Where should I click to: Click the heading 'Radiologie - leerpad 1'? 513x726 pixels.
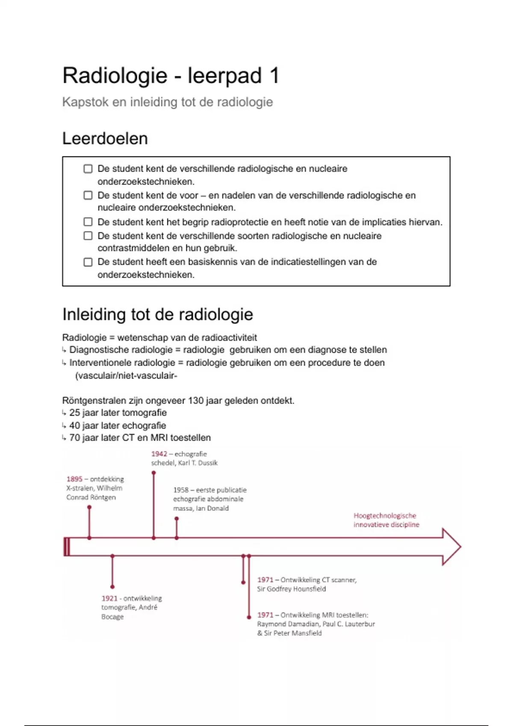coord(171,76)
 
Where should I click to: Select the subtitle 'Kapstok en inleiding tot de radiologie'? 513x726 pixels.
coord(167,102)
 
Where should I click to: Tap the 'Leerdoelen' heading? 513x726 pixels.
coord(105,139)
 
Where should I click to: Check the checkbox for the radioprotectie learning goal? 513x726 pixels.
coord(88,222)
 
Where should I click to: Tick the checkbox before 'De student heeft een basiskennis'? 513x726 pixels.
coord(88,262)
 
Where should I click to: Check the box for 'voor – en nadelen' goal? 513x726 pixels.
coord(88,195)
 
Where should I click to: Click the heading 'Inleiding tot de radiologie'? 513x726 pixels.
coord(157,314)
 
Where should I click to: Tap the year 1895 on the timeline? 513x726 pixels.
coord(74,479)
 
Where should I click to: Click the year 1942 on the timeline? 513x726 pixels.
coord(159,454)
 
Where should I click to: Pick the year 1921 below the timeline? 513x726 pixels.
coord(109,598)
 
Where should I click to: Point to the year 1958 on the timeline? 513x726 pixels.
coord(181,490)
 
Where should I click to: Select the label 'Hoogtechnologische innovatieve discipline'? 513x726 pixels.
coord(386,520)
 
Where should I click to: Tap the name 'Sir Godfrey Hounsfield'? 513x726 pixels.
coord(292,589)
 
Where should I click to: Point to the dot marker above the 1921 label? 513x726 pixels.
coord(112,587)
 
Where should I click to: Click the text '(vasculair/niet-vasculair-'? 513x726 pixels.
coord(126,376)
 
